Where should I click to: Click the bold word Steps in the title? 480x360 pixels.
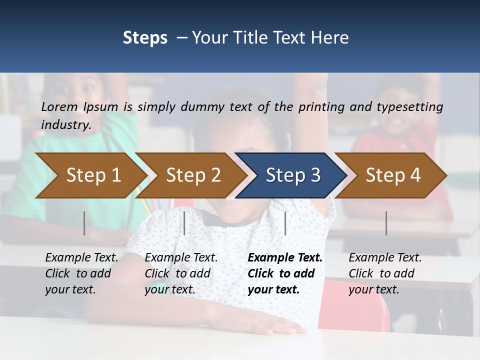[145, 38]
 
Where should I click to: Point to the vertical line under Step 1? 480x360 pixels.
[84, 223]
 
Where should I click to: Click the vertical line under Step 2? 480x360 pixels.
[184, 223]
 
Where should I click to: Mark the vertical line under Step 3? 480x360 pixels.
[285, 223]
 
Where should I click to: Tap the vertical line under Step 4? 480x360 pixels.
[386, 223]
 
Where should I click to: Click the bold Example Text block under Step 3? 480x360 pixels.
[285, 273]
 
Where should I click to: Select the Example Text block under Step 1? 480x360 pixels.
[81, 273]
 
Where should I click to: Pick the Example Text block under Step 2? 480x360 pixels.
[181, 273]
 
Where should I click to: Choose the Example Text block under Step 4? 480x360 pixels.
[385, 273]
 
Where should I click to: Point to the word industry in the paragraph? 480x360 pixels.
[65, 125]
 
